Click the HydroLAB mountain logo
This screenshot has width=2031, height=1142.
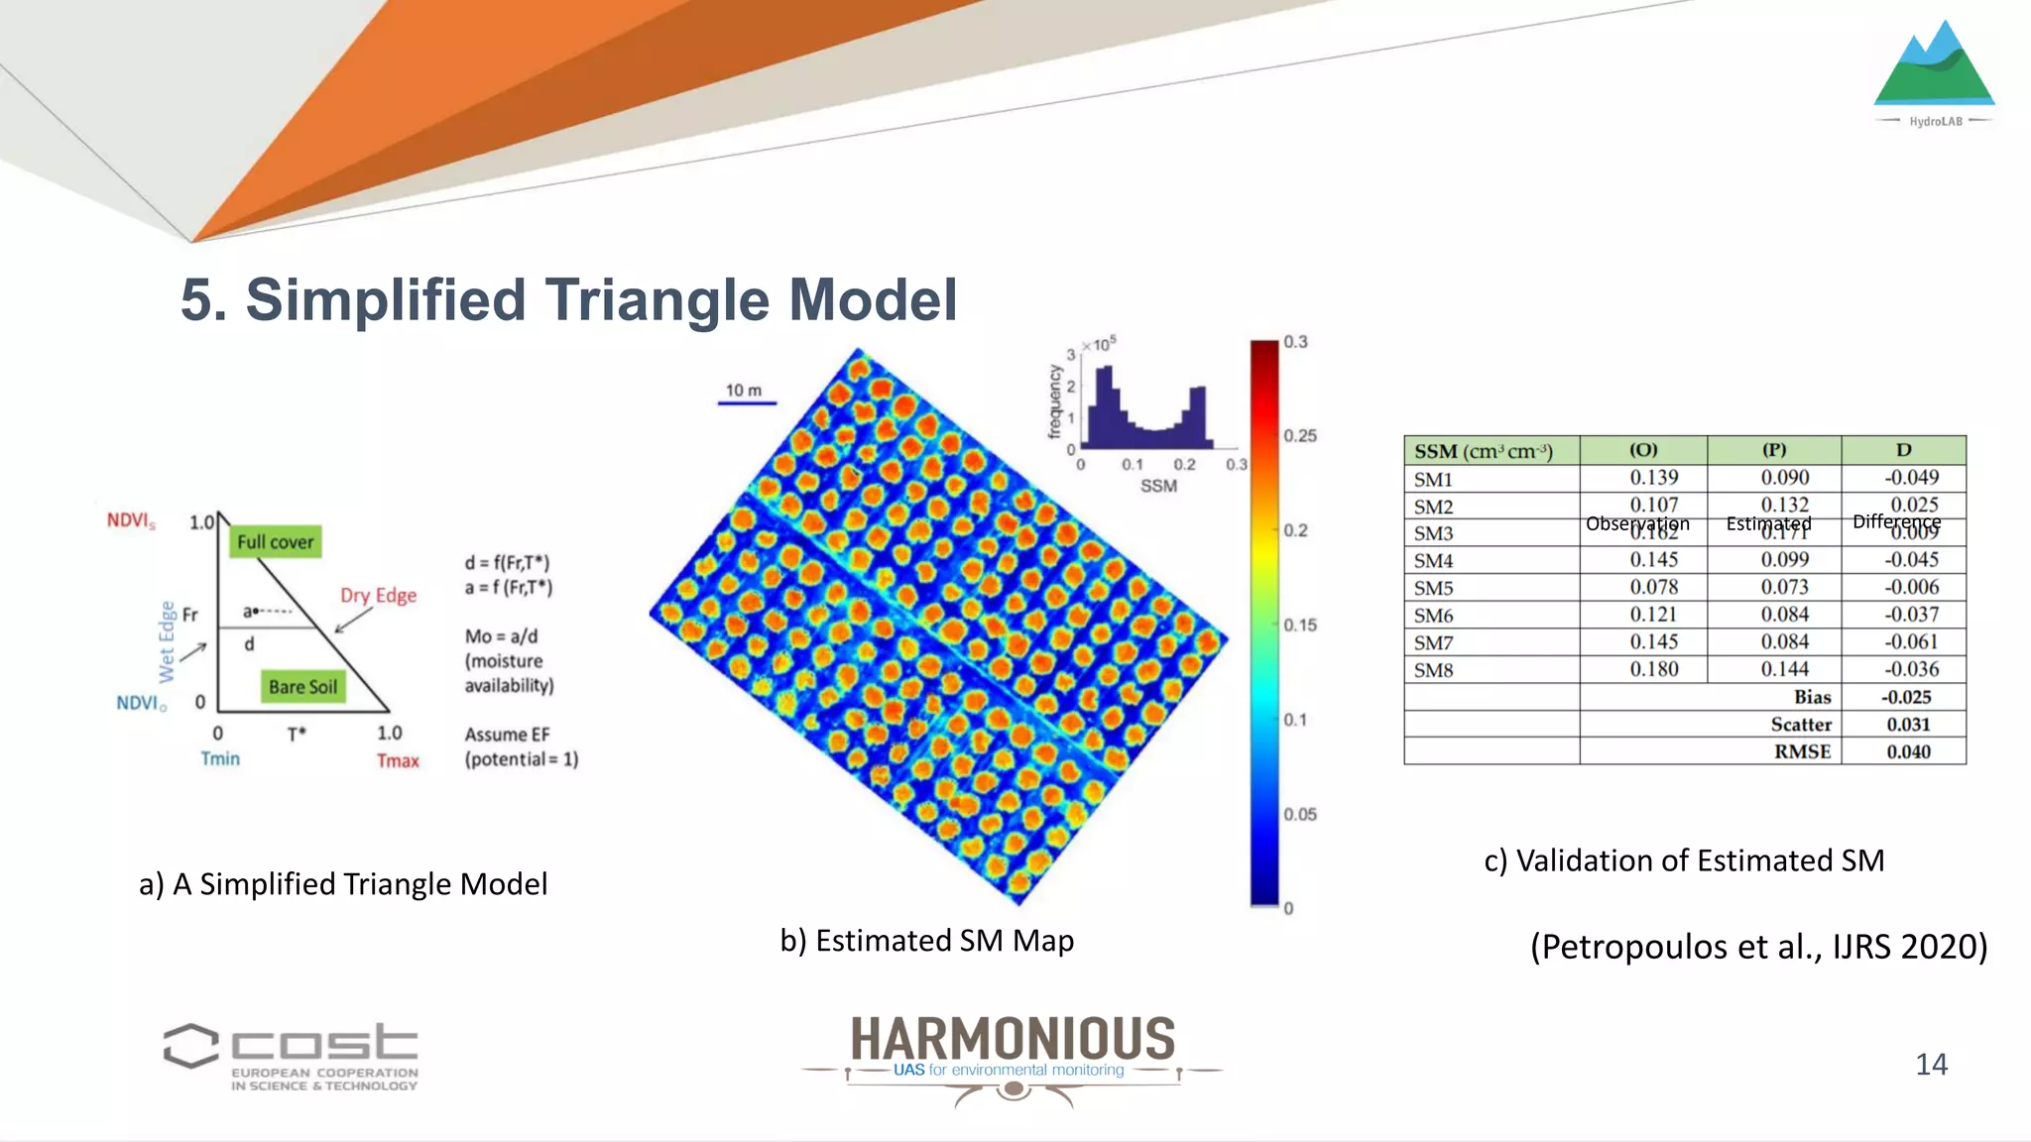pos(1934,69)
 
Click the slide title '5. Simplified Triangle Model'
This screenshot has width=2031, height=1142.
pos(568,299)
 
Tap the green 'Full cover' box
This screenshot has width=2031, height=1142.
pos(276,542)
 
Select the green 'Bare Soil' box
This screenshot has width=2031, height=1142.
pos(302,687)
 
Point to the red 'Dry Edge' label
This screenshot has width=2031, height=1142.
pos(378,595)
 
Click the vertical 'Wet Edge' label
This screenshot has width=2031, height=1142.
pos(167,641)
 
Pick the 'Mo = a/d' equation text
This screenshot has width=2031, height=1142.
pos(502,636)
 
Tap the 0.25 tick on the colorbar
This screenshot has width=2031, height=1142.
pos(1299,436)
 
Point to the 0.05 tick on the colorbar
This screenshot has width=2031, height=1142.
pos(1299,815)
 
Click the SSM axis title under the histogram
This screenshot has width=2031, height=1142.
pos(1158,486)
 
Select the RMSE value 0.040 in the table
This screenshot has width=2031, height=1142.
pos(1908,751)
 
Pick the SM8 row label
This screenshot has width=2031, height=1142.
pos(1434,670)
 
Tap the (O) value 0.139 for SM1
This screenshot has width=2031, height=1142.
pos(1654,478)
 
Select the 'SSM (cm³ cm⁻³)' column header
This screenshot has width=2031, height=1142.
pos(1484,451)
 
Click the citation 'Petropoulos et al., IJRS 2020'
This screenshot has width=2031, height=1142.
pos(1758,947)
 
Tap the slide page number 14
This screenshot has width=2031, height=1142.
pos(1931,1065)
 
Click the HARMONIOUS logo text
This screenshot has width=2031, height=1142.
pos(1013,1039)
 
